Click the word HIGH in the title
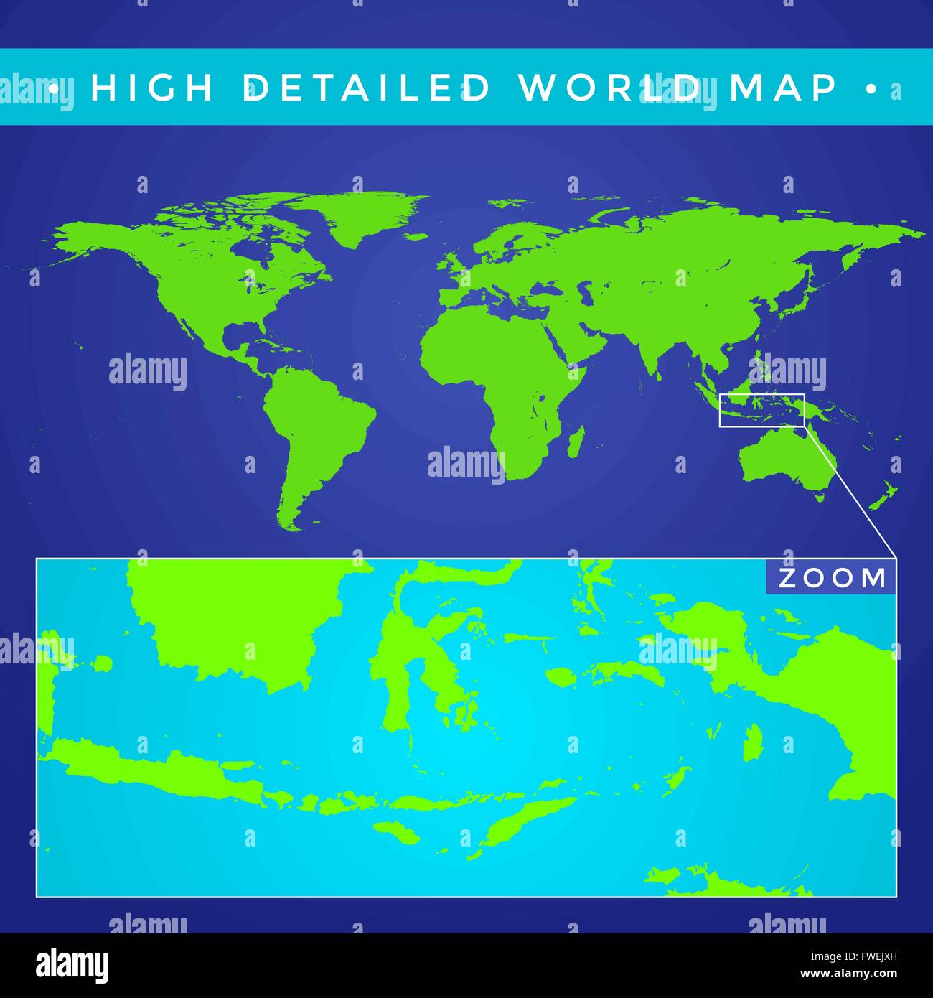coord(151,88)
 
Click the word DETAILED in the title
coord(367,88)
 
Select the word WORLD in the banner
coord(610,88)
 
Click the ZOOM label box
coord(831,578)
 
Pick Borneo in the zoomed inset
coord(237,617)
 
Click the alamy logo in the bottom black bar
coord(72,965)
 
